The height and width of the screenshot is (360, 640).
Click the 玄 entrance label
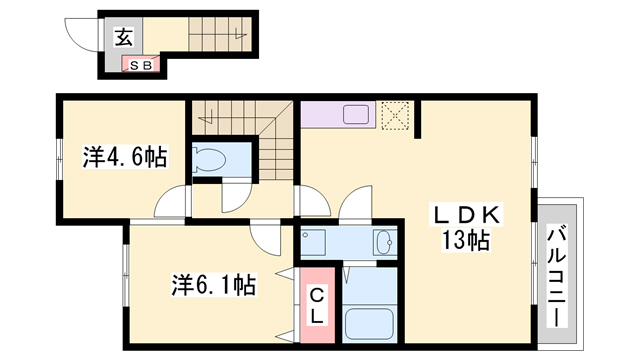pos(123,39)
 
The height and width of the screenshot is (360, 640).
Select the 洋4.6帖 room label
pos(124,156)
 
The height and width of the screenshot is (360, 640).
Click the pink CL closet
pos(315,305)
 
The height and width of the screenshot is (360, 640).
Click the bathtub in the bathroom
pos(369,325)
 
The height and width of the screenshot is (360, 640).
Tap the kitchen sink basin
pos(357,114)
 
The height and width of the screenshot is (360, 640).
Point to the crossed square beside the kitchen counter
pos(397,115)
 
